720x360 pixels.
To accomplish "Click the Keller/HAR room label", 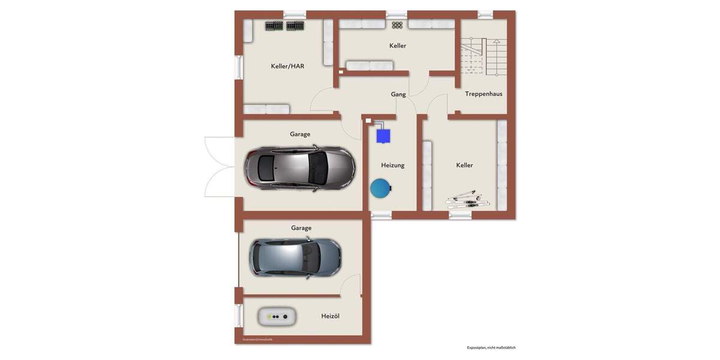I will [x=287, y=66].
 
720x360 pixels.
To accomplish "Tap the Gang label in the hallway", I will [x=398, y=94].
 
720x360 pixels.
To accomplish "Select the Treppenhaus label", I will [x=484, y=94].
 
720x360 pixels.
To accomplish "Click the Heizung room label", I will [x=393, y=165].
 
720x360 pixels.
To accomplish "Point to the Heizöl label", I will [x=330, y=316].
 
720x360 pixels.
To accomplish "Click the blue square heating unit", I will [x=383, y=136].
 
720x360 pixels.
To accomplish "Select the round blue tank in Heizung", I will [x=380, y=189].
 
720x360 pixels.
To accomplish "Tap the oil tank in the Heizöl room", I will [x=277, y=316].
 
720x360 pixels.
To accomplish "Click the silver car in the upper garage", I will [x=299, y=169].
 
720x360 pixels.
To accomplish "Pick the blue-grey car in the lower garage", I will [x=295, y=258].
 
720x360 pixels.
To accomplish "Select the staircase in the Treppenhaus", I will [x=484, y=56].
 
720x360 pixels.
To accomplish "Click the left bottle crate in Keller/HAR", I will [x=274, y=26].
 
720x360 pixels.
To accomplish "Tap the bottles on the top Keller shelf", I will [x=397, y=25].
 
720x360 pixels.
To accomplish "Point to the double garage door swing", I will [x=218, y=167].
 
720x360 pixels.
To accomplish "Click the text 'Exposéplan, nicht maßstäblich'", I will [x=491, y=348].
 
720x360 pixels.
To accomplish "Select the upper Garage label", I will [x=300, y=134].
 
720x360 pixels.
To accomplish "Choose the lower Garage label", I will [x=301, y=228].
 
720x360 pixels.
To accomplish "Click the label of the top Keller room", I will [x=398, y=46].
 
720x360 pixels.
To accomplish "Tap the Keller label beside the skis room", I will [x=464, y=165].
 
